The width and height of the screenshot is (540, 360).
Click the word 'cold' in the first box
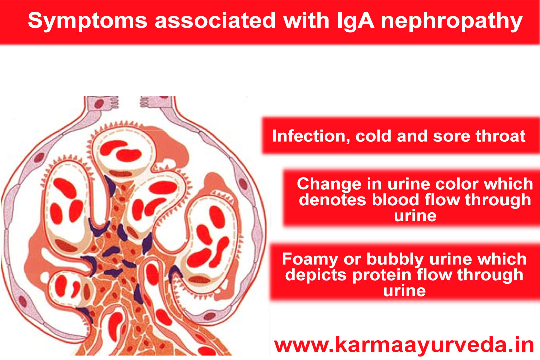(x=373, y=136)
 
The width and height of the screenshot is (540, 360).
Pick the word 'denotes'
(x=332, y=200)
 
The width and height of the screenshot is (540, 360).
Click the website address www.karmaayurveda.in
(x=404, y=345)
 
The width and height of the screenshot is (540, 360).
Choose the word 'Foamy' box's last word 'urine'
(x=404, y=291)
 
